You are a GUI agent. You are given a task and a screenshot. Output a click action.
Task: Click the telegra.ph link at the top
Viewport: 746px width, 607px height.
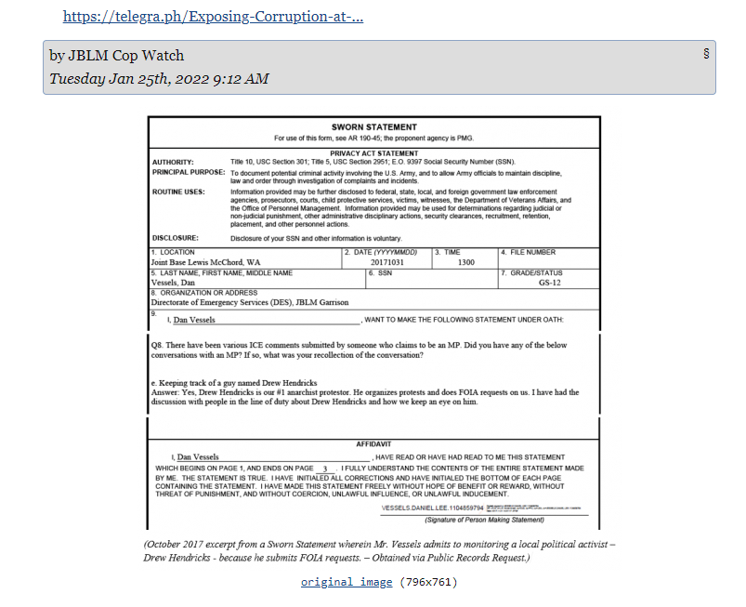tap(213, 17)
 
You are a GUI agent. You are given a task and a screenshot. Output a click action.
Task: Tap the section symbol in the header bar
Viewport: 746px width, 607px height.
tap(707, 53)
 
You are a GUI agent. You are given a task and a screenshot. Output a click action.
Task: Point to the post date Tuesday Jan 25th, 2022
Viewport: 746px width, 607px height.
tap(159, 79)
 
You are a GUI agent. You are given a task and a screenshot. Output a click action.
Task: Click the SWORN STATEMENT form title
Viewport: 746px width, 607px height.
tap(373, 127)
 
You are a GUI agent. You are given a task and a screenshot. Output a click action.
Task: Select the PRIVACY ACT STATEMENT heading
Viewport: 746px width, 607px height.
tap(373, 153)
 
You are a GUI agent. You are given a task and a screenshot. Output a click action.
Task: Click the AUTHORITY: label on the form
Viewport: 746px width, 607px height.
tap(173, 162)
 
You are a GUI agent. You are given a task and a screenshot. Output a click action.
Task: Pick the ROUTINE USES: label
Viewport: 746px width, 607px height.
tap(179, 192)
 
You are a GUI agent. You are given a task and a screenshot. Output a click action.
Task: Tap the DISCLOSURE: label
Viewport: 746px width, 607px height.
tap(177, 238)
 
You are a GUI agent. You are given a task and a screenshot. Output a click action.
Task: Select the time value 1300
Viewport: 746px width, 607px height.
tap(465, 262)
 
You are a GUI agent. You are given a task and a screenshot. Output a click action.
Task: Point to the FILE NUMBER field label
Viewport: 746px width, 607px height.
tap(531, 252)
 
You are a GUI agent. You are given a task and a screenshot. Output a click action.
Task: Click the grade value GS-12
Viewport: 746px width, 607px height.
tap(550, 283)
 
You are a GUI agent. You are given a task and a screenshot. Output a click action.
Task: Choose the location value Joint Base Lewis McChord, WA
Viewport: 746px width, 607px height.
tap(205, 262)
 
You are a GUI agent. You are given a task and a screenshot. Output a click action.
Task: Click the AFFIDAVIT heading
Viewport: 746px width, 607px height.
tap(373, 444)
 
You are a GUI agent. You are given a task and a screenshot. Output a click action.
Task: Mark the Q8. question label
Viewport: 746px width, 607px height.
tap(157, 345)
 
